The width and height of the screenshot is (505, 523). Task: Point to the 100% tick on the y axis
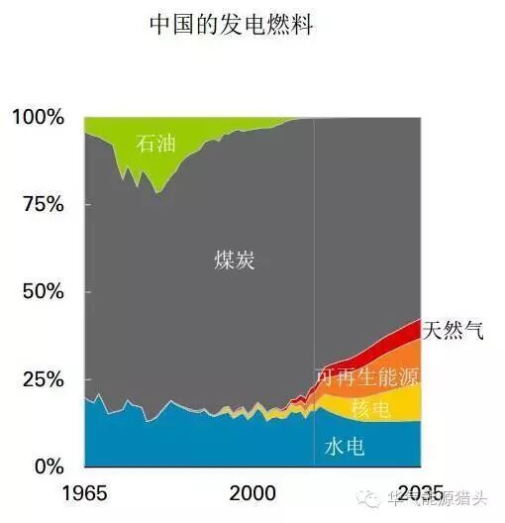click(x=39, y=118)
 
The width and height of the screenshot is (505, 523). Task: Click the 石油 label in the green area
click(x=155, y=144)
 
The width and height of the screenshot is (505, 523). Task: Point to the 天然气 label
click(x=454, y=330)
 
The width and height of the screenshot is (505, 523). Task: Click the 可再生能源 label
click(x=366, y=376)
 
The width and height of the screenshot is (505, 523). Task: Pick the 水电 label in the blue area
click(x=345, y=447)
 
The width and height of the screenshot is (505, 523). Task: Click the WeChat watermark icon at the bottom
click(x=369, y=501)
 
